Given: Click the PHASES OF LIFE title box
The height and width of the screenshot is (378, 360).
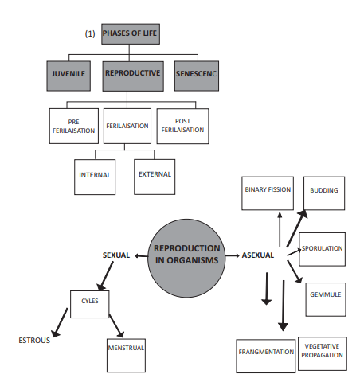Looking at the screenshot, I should [131, 35].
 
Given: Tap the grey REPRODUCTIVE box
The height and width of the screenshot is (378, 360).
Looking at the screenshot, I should [133, 74].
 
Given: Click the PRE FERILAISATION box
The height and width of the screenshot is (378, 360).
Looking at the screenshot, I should [73, 126].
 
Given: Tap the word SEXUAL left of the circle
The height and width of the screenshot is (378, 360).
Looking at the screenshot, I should [116, 255].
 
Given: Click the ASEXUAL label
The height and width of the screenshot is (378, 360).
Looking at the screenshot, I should [258, 255].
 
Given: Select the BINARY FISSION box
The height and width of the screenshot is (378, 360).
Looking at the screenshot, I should [267, 191].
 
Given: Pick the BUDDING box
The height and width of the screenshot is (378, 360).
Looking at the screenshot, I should [324, 191].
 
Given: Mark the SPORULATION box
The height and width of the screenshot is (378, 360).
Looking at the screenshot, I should [322, 249].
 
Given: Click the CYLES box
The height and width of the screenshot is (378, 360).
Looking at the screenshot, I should [90, 303].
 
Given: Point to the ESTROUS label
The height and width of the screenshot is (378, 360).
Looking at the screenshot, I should [34, 341].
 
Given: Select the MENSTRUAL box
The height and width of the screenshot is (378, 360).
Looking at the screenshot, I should [126, 349].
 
